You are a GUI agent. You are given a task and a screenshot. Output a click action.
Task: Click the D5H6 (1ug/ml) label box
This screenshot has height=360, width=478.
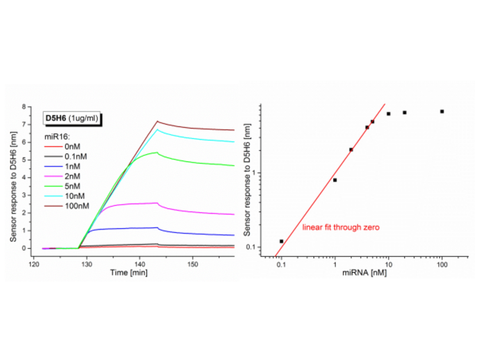point(73,118)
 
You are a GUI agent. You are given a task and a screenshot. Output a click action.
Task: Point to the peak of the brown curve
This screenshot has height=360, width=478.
point(157,122)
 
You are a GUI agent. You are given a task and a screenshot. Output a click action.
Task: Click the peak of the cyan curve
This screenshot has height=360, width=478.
point(157,129)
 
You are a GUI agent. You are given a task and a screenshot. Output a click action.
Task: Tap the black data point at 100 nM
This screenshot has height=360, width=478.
point(441,112)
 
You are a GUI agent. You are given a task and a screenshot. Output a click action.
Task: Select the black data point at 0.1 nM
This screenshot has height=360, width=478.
point(281,241)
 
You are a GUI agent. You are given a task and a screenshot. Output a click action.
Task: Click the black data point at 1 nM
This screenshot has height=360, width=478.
point(335,179)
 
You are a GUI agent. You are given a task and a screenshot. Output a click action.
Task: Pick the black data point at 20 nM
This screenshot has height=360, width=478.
point(404,112)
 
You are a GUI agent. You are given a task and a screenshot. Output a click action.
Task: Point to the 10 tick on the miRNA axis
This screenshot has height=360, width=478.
point(388,263)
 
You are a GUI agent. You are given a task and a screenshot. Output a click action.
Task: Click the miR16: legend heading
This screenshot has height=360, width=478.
point(57,136)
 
